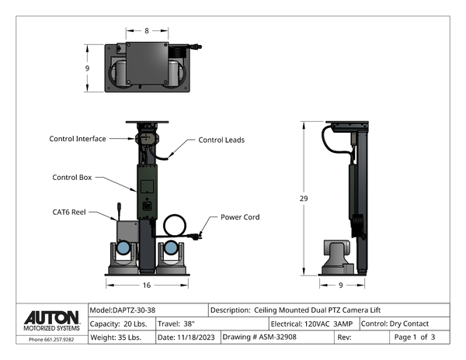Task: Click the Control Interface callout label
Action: (x=78, y=139)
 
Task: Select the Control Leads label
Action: (x=221, y=140)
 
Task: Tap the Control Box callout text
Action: (x=72, y=177)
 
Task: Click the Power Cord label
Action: (x=240, y=217)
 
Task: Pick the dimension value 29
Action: (x=304, y=199)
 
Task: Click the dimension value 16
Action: (x=146, y=286)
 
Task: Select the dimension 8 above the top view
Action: (x=147, y=31)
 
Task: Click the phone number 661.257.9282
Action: (x=51, y=339)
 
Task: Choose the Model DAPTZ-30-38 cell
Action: (x=127, y=310)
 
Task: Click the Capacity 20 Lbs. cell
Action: (x=122, y=324)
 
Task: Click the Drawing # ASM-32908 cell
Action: (x=259, y=337)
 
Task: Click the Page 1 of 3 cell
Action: (x=415, y=337)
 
